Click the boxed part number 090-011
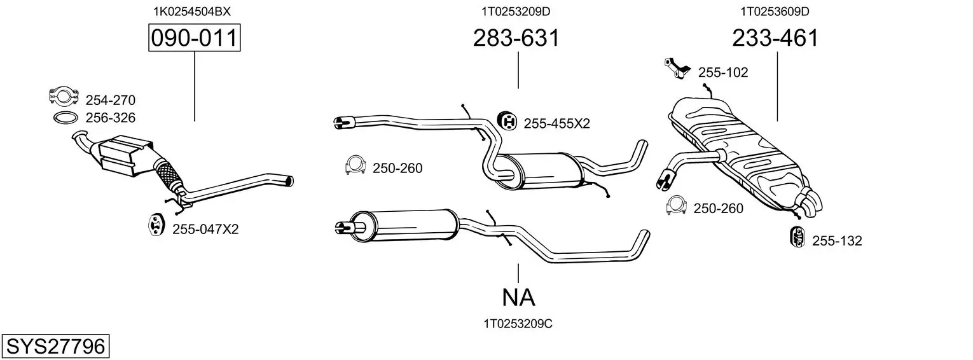click(194, 38)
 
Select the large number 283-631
click(516, 38)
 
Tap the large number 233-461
click(775, 38)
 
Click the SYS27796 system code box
click(55, 346)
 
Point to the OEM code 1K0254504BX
click(191, 11)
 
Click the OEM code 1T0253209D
click(516, 11)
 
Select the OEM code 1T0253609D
click(775, 11)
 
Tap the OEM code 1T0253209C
click(518, 324)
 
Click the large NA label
click(518, 298)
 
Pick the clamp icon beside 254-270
click(64, 96)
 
